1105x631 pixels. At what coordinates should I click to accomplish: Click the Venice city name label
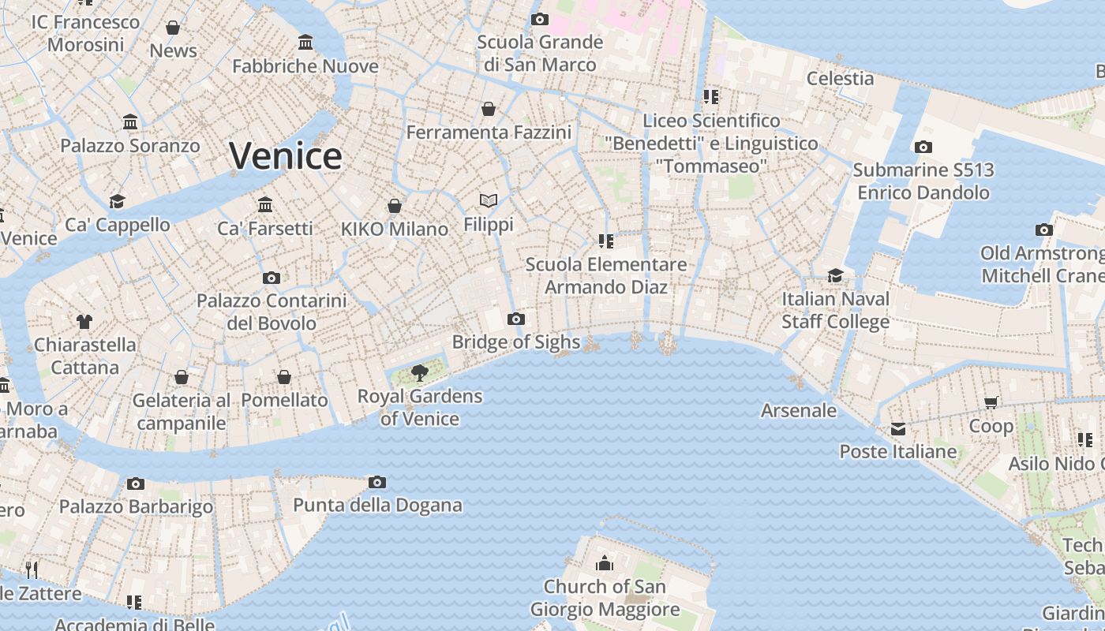[286, 155]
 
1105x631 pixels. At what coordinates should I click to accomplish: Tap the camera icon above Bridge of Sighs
[516, 319]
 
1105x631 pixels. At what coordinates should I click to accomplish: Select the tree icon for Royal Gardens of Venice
[420, 372]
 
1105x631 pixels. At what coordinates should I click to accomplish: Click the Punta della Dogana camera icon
[377, 482]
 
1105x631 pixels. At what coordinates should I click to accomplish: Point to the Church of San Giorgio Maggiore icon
[605, 563]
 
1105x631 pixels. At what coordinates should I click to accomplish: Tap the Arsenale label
[798, 410]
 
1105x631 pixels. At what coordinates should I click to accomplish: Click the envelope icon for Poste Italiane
[898, 429]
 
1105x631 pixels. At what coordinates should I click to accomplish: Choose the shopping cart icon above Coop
[991, 403]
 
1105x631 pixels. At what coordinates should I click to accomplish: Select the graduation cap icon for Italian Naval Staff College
[835, 275]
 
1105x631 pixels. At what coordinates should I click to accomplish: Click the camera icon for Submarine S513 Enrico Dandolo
[923, 147]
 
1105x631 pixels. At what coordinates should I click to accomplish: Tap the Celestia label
[840, 78]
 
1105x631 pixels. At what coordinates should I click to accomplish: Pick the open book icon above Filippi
[489, 201]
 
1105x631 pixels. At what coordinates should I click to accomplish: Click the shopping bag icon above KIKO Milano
[395, 206]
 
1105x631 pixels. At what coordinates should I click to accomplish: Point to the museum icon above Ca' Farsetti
[265, 204]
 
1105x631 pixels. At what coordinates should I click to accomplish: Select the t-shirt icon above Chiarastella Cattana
[84, 321]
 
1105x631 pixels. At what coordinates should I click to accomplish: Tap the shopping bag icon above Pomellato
[284, 377]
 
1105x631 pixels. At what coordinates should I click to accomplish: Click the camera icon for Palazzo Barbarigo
[136, 484]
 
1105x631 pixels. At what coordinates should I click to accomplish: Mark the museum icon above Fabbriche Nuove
[305, 42]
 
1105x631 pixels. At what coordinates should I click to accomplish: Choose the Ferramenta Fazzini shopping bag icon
[489, 109]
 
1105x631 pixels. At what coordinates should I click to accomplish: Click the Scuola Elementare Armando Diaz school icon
[605, 241]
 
